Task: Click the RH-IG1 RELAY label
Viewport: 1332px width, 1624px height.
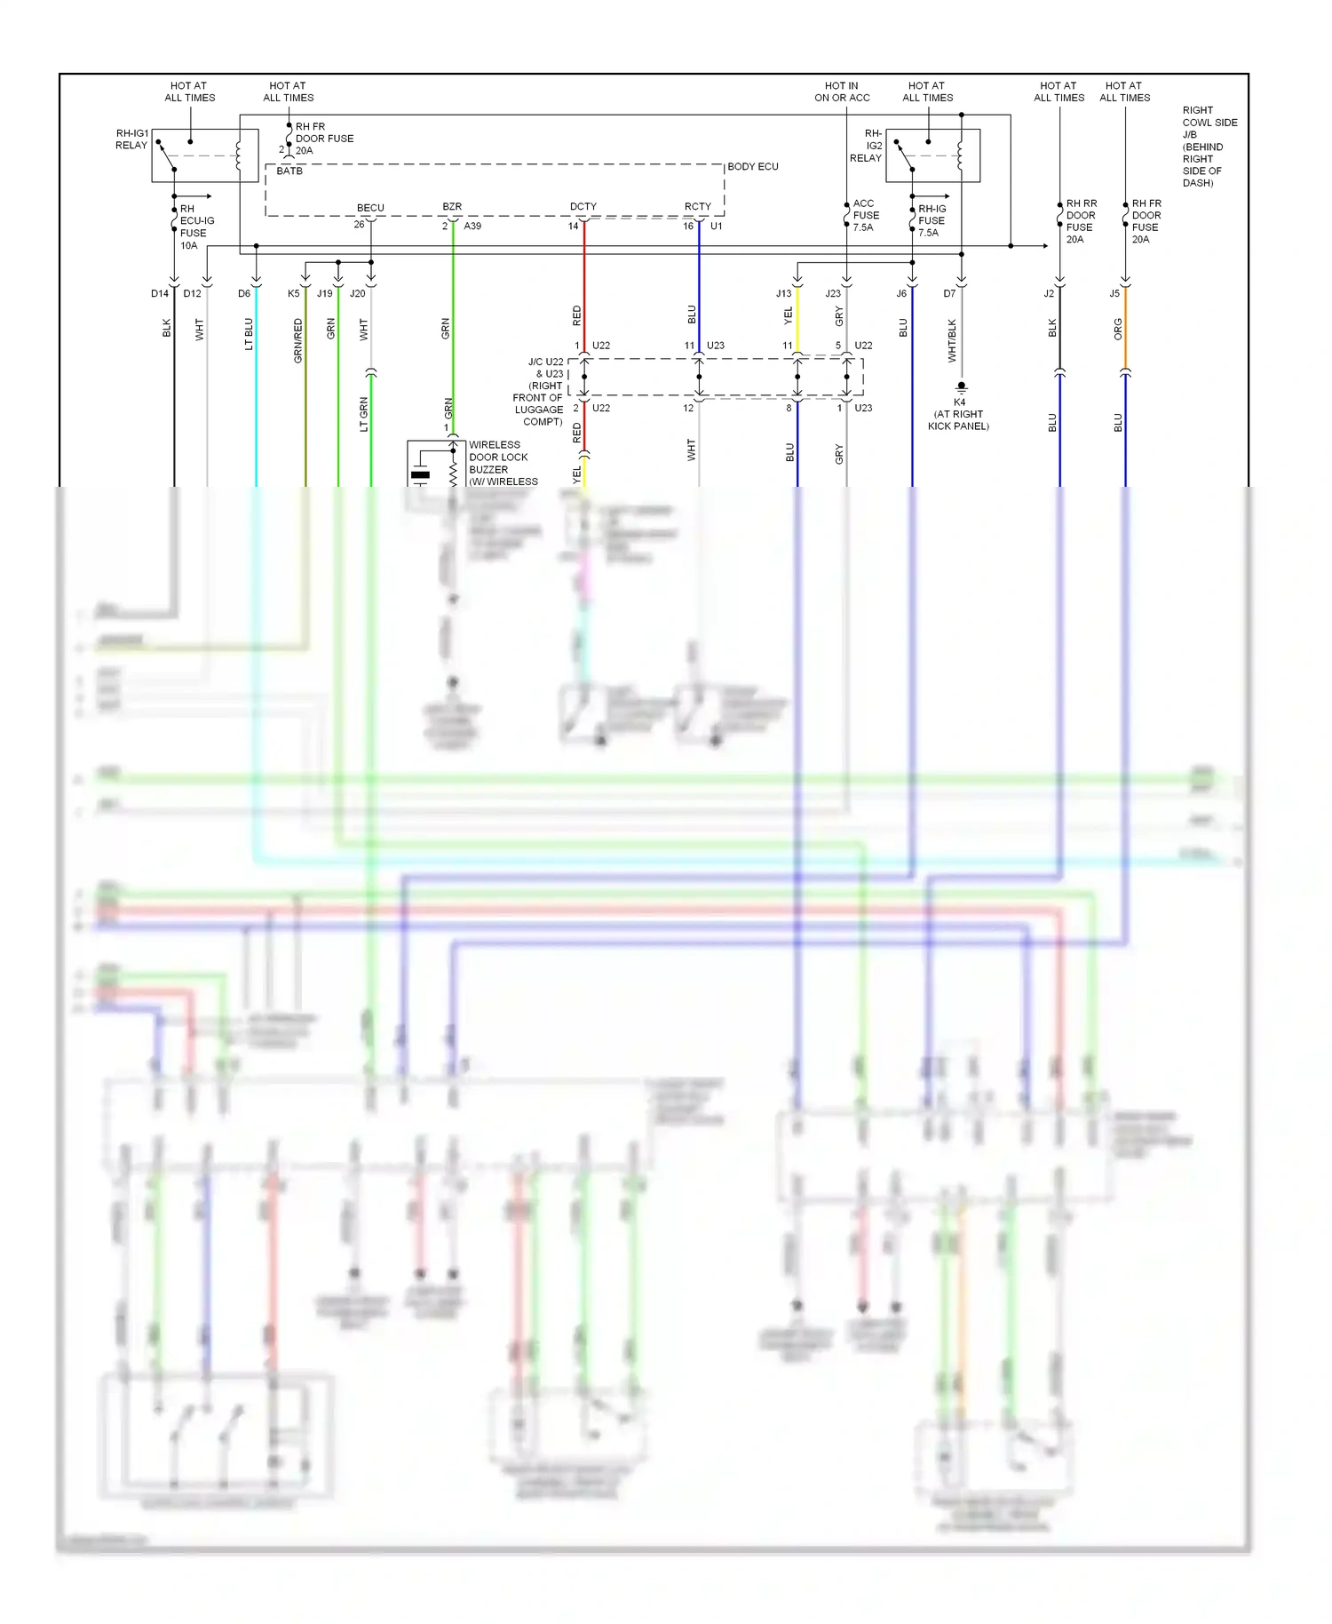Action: point(131,139)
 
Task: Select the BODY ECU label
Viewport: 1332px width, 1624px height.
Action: point(752,166)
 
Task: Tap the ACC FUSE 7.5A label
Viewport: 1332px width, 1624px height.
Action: point(866,215)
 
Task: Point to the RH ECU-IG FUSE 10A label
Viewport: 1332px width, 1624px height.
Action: point(196,227)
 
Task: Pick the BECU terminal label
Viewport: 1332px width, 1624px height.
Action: point(370,208)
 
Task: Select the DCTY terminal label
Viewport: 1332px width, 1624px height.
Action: point(583,206)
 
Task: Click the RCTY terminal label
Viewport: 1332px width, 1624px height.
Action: point(697,206)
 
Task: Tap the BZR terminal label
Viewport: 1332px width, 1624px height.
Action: point(452,206)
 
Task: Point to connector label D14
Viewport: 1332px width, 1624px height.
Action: point(160,293)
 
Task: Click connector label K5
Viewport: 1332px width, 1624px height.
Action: point(294,293)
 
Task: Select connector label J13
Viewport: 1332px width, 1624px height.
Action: point(783,293)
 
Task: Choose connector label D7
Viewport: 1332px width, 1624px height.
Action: point(949,293)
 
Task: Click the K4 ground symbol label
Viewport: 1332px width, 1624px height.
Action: point(959,414)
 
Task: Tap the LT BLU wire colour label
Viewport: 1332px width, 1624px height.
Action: point(249,334)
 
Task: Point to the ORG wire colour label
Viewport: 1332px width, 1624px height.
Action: point(1118,329)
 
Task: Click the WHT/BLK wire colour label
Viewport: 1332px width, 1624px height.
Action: point(952,340)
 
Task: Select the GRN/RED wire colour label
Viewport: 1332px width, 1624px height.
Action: point(298,340)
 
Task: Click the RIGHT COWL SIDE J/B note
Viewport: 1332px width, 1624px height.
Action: point(1209,147)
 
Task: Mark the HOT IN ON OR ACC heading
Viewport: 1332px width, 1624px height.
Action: point(842,92)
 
